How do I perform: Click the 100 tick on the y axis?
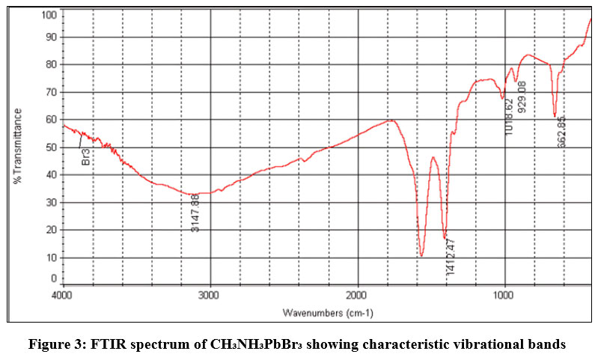49,15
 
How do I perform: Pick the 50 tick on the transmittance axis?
52,147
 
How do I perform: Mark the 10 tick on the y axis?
52,257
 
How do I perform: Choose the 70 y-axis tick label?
52,92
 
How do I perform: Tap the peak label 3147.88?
195,213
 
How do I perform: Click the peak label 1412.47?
450,256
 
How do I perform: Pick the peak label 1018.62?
509,117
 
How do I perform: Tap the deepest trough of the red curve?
422,255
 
